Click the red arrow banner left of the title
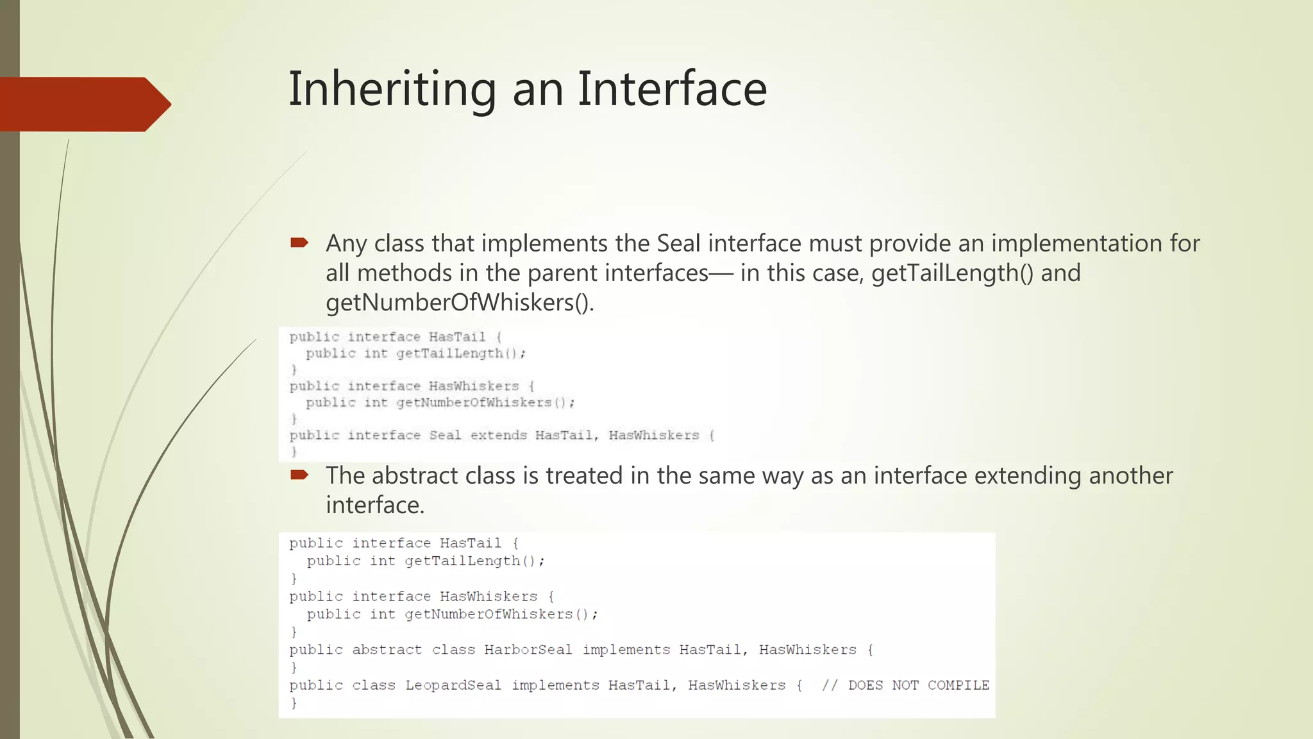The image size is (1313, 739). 83,104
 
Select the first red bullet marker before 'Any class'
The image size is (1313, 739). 299,242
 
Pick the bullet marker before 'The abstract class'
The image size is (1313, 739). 299,475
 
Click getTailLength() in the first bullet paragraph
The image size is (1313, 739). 953,273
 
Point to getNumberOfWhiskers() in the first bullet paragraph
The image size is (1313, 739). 460,303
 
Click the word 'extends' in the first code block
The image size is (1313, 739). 498,436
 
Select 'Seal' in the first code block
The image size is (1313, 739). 445,436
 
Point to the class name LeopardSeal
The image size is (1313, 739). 453,685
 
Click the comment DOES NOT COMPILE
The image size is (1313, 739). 918,685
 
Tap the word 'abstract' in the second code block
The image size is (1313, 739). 387,650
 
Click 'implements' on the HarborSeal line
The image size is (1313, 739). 626,650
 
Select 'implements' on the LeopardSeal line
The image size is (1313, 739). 555,685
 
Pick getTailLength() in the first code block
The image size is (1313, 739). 460,353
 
